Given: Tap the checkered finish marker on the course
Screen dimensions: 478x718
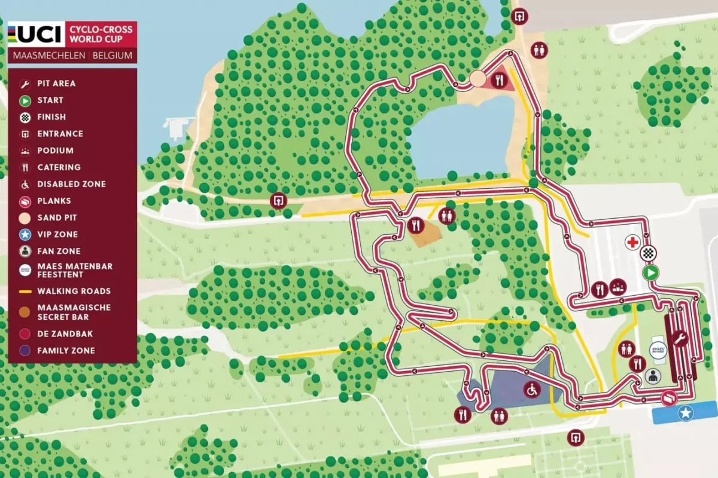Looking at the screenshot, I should tap(647, 253).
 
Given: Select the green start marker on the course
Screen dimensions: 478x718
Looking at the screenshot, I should tap(650, 273).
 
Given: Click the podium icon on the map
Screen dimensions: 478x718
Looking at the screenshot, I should tap(618, 289).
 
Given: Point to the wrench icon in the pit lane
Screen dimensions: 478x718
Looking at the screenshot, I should tap(679, 340).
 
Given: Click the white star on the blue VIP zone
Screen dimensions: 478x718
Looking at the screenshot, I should tap(684, 412).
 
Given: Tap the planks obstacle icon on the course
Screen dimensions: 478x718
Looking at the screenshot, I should tap(668, 398).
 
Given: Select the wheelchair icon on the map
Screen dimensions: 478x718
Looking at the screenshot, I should tap(531, 390).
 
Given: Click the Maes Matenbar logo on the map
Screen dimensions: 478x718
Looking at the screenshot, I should tap(658, 350).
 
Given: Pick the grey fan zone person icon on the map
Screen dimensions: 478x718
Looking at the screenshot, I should tap(653, 376).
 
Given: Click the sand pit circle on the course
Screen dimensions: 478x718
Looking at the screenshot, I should tap(477, 79).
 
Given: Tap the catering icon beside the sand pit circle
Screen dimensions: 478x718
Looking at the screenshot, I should tap(498, 80).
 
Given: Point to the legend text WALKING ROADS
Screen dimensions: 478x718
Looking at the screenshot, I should tap(74, 292).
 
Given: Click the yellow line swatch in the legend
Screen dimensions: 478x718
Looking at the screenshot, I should tap(25, 292).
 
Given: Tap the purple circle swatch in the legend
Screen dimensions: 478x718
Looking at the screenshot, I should tap(25, 351).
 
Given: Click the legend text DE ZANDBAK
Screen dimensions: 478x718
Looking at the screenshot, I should tap(65, 334).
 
